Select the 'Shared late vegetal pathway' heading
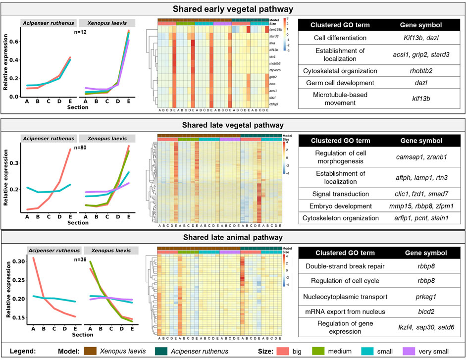232,125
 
